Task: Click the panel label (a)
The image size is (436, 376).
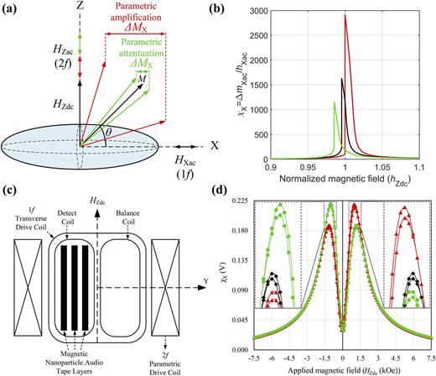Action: click(11, 9)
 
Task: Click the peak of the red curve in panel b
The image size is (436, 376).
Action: click(345, 14)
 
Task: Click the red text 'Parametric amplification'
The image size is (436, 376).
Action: click(134, 16)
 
